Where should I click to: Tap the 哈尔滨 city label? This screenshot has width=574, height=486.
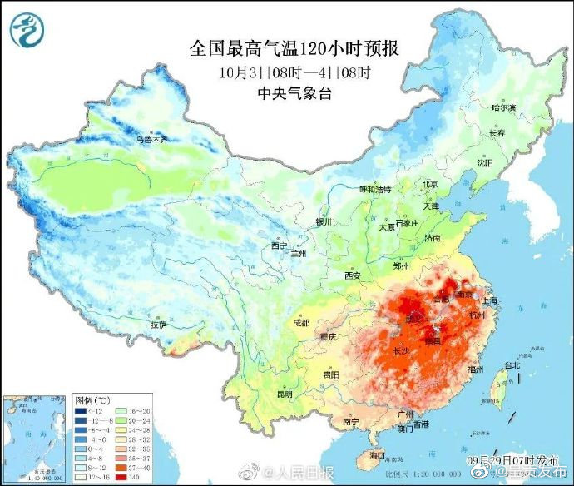(x=503, y=107)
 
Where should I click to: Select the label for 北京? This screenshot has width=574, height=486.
(x=429, y=184)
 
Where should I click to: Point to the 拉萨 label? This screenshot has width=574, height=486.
(x=159, y=325)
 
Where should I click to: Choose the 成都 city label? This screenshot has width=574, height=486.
(x=300, y=322)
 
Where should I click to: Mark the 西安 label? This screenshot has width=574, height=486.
(x=352, y=275)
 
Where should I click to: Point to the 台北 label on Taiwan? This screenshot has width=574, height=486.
(x=511, y=364)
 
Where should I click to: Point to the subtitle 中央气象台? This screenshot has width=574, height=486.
(x=295, y=93)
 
